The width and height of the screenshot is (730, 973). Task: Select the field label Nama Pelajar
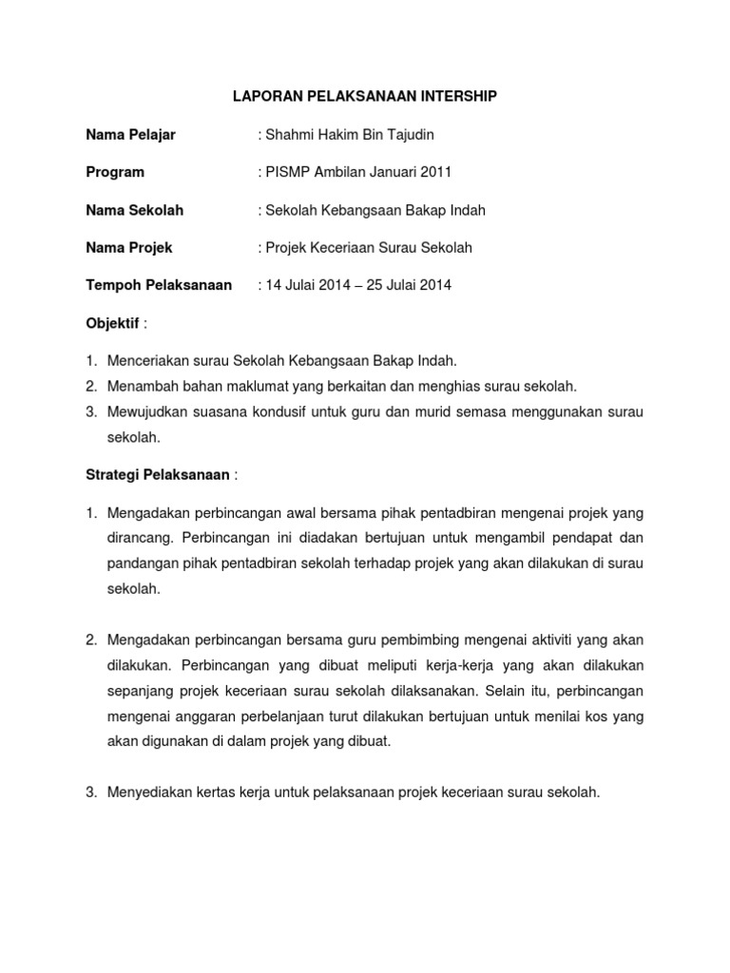click(131, 135)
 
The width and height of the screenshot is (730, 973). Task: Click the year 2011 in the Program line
click(434, 172)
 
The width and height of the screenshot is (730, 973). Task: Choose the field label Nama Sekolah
click(135, 210)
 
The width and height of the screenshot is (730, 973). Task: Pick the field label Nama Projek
click(129, 248)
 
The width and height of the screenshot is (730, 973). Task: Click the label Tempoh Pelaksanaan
click(160, 285)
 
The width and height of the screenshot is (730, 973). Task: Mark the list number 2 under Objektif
click(91, 386)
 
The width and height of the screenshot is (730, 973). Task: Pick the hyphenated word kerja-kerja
click(443, 664)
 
